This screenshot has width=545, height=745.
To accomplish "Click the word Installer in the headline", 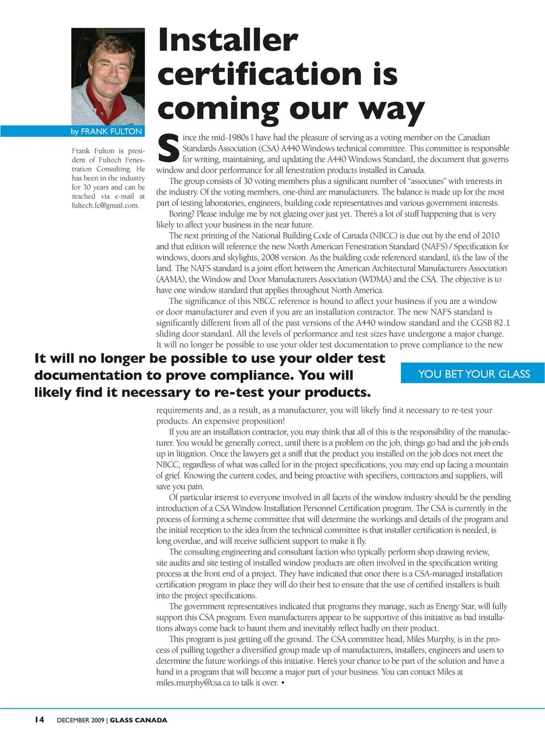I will [228, 40].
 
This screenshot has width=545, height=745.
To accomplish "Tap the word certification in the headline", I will [259, 74].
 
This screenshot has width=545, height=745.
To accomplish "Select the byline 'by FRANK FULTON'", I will [106, 131].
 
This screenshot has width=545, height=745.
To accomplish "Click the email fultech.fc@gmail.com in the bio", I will [106, 206].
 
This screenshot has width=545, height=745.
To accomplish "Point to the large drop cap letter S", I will [168, 149].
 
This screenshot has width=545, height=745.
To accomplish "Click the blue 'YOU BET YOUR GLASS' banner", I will [473, 374].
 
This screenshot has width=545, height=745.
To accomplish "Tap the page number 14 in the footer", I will [39, 719].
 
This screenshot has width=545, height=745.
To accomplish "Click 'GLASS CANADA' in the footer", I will [139, 720].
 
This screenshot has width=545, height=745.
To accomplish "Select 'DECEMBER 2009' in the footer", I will [81, 720].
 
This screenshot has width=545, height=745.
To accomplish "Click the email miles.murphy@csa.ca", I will [193, 683].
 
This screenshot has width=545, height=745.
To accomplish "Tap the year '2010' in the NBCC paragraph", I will [490, 236].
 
